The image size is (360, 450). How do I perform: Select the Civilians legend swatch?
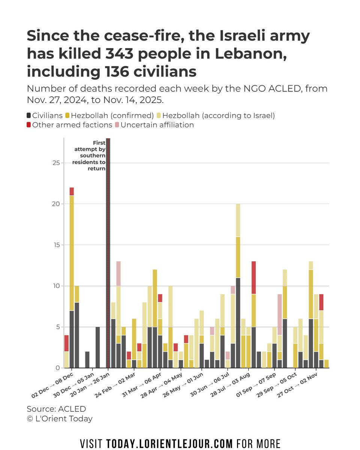[x=29, y=115]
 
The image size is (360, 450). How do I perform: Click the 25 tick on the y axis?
[x=56, y=163]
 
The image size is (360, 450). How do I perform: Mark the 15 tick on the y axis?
[x=56, y=245]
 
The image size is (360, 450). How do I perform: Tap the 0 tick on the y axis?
[x=57, y=368]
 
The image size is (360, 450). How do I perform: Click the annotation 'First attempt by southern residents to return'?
[x=90, y=156]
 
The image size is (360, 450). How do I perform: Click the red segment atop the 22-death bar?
[x=72, y=191]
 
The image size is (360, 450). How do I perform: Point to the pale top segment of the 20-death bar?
[x=238, y=220]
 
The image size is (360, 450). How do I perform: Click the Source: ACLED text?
[x=56, y=409]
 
